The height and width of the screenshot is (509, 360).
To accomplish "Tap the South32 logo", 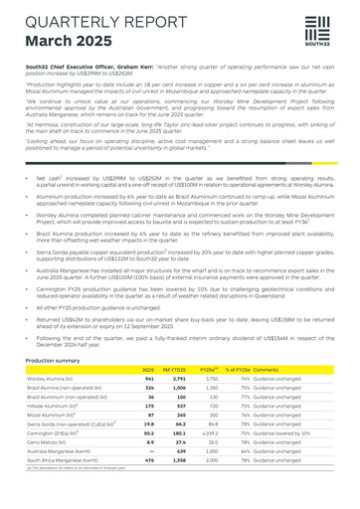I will pyautogui.click(x=315, y=34).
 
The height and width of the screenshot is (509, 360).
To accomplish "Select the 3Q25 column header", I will pyautogui.click(x=148, y=370).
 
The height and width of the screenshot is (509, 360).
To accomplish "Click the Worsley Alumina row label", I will pyautogui.click(x=50, y=379).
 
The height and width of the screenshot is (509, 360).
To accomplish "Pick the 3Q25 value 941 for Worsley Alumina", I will pyautogui.click(x=149, y=379).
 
